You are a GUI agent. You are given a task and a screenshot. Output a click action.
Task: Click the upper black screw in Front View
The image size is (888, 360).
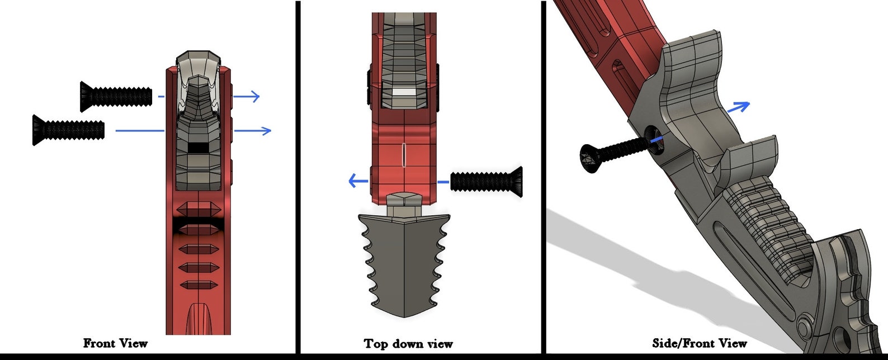pos(116,96)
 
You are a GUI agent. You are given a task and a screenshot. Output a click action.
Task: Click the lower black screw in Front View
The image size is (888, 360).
pos(68,130)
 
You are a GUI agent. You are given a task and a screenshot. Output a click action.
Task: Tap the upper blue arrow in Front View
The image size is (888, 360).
pos(246,96)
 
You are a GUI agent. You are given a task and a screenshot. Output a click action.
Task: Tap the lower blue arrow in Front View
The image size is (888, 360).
pos(253,130)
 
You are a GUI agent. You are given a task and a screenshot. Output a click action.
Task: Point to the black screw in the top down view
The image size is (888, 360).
pos(486,182)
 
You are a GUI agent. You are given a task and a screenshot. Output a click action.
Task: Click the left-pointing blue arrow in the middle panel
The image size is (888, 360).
pos(358,181)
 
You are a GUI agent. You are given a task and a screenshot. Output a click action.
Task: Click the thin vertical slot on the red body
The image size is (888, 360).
pos(404,155)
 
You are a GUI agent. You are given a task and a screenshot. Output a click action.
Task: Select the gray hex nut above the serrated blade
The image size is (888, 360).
pos(404,204)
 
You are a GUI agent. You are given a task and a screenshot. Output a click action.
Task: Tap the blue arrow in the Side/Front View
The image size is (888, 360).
pos(738,107)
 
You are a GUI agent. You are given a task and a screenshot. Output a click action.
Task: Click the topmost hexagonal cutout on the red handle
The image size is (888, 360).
pos(198,207)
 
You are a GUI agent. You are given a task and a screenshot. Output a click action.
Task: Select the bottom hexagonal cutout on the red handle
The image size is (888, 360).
pos(198,285)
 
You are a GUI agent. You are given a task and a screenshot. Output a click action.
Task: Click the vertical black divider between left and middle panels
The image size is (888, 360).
pos(298,177)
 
